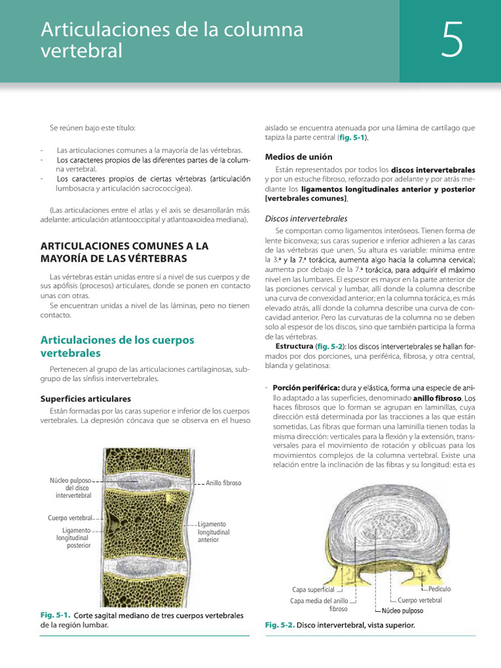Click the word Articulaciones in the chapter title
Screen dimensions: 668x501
104,29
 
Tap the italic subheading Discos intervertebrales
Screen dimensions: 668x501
306,219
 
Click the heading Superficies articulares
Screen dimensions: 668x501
85,398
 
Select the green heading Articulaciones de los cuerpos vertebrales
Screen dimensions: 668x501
117,346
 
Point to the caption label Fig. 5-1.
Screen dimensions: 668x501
55,615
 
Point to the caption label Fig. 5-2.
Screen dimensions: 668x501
280,625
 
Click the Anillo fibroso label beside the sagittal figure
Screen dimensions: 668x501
223,483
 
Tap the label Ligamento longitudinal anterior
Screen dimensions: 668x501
212,532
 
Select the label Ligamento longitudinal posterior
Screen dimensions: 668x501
73,538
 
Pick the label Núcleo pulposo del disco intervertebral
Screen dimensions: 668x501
70,487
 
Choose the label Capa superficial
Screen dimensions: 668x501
313,590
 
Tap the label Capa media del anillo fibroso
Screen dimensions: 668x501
318,605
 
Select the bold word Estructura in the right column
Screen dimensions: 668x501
294,346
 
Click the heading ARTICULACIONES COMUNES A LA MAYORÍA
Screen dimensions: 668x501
124,252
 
